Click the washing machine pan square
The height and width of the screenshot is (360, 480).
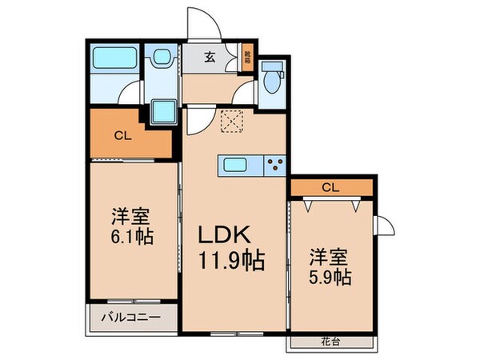pos(165,110)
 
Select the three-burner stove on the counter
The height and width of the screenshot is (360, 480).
pos(274,166)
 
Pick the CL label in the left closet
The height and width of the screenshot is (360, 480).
pos(122,136)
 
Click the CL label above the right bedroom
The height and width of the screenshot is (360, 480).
pos(330,188)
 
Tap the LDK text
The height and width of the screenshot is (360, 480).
pos(233,234)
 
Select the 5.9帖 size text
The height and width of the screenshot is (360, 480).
pos(330,278)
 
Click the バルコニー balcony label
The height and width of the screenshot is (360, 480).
pos(130,318)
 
